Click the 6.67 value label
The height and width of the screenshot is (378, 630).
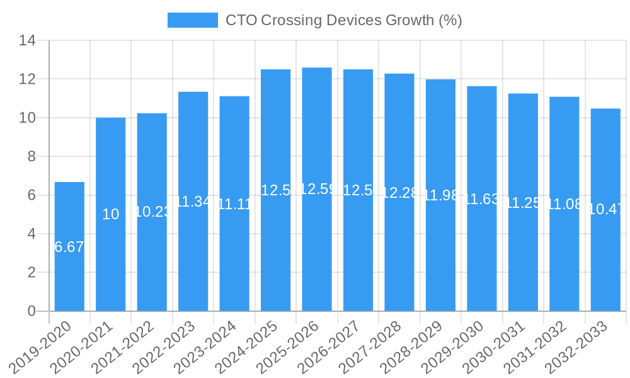pyautogui.click(x=69, y=247)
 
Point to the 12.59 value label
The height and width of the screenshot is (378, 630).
pyautogui.click(x=317, y=189)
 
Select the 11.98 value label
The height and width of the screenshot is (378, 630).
pyautogui.click(x=440, y=195)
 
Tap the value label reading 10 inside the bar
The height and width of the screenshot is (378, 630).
pyautogui.click(x=110, y=214)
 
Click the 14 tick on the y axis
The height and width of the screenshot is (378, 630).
pyautogui.click(x=27, y=41)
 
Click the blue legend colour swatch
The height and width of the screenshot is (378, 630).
pyautogui.click(x=192, y=20)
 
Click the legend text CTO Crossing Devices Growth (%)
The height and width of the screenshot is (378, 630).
pyautogui.click(x=343, y=20)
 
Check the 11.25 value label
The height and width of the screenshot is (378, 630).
pyautogui.click(x=523, y=202)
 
